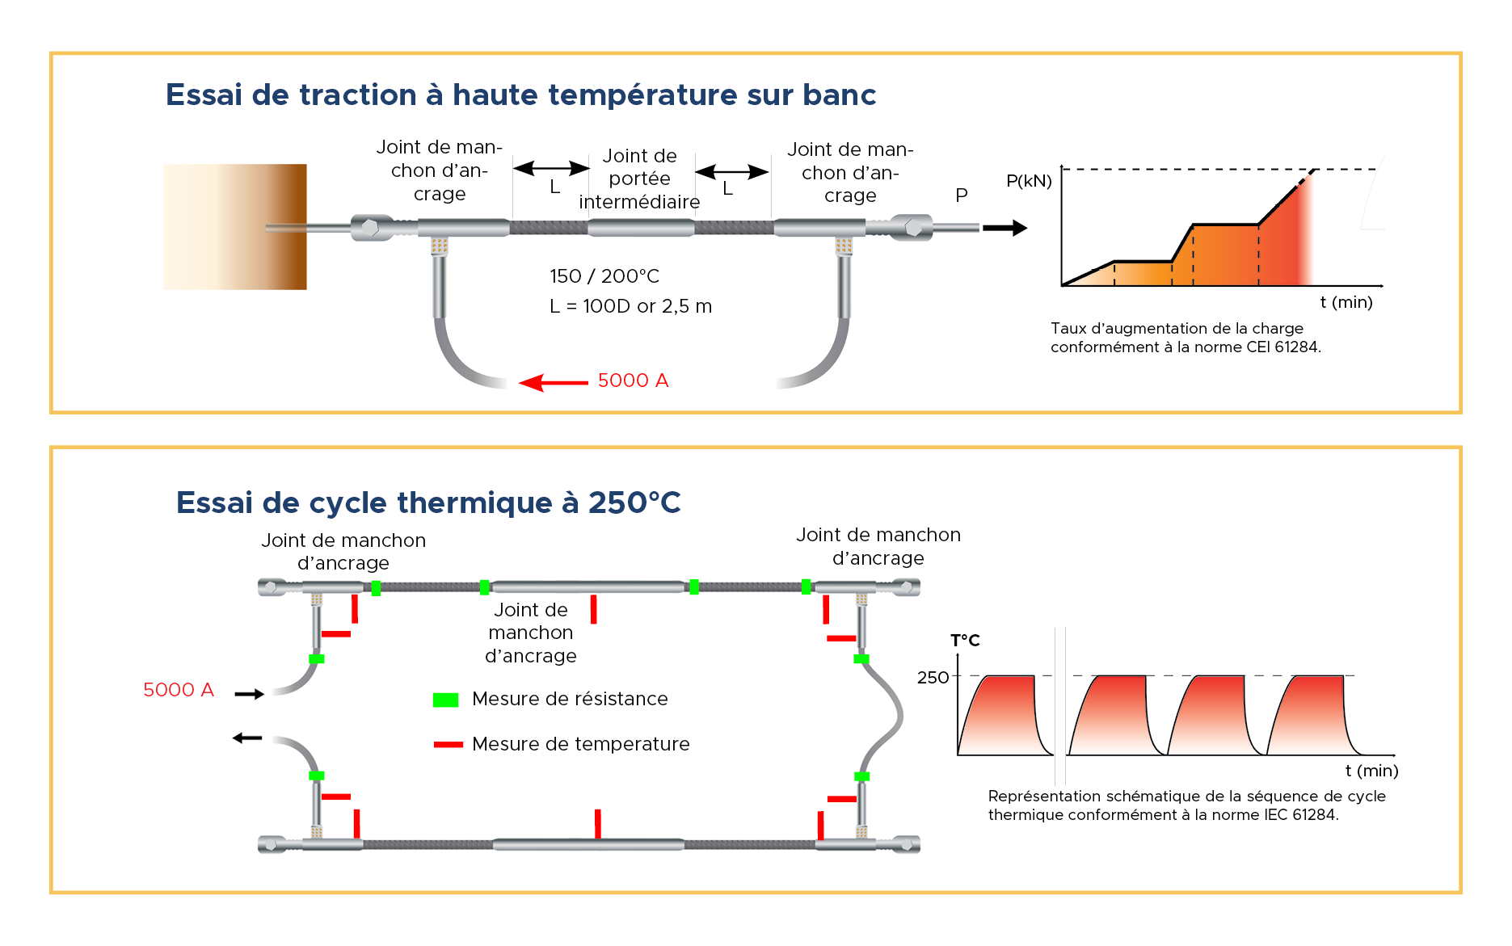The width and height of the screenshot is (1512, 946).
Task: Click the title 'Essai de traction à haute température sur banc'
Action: click(520, 95)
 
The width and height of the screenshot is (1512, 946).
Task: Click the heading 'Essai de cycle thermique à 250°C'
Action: click(428, 502)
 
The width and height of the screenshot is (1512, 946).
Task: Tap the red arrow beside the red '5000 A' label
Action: click(554, 382)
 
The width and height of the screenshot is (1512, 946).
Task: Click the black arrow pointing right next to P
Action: click(1004, 229)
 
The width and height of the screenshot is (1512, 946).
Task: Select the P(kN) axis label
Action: click(1028, 181)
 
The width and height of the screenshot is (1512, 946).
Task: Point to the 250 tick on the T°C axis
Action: click(933, 678)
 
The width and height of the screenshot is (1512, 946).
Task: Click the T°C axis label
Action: click(965, 641)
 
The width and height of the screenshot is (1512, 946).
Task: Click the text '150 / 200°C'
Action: click(604, 276)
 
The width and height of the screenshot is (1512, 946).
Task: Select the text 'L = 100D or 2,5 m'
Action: click(630, 307)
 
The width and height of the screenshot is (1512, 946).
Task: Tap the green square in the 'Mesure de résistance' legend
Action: click(445, 700)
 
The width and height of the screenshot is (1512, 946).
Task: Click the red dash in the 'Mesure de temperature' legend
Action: click(448, 744)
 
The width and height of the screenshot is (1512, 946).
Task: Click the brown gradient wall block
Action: click(234, 227)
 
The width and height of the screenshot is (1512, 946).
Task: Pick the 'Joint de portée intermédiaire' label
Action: click(639, 179)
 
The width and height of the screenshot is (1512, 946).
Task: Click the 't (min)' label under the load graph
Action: click(1346, 302)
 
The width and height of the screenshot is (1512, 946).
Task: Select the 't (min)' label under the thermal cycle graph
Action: click(1371, 771)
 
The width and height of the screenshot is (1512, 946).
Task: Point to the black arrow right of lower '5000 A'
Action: click(249, 694)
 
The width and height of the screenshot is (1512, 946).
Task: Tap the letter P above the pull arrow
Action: click(962, 196)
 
